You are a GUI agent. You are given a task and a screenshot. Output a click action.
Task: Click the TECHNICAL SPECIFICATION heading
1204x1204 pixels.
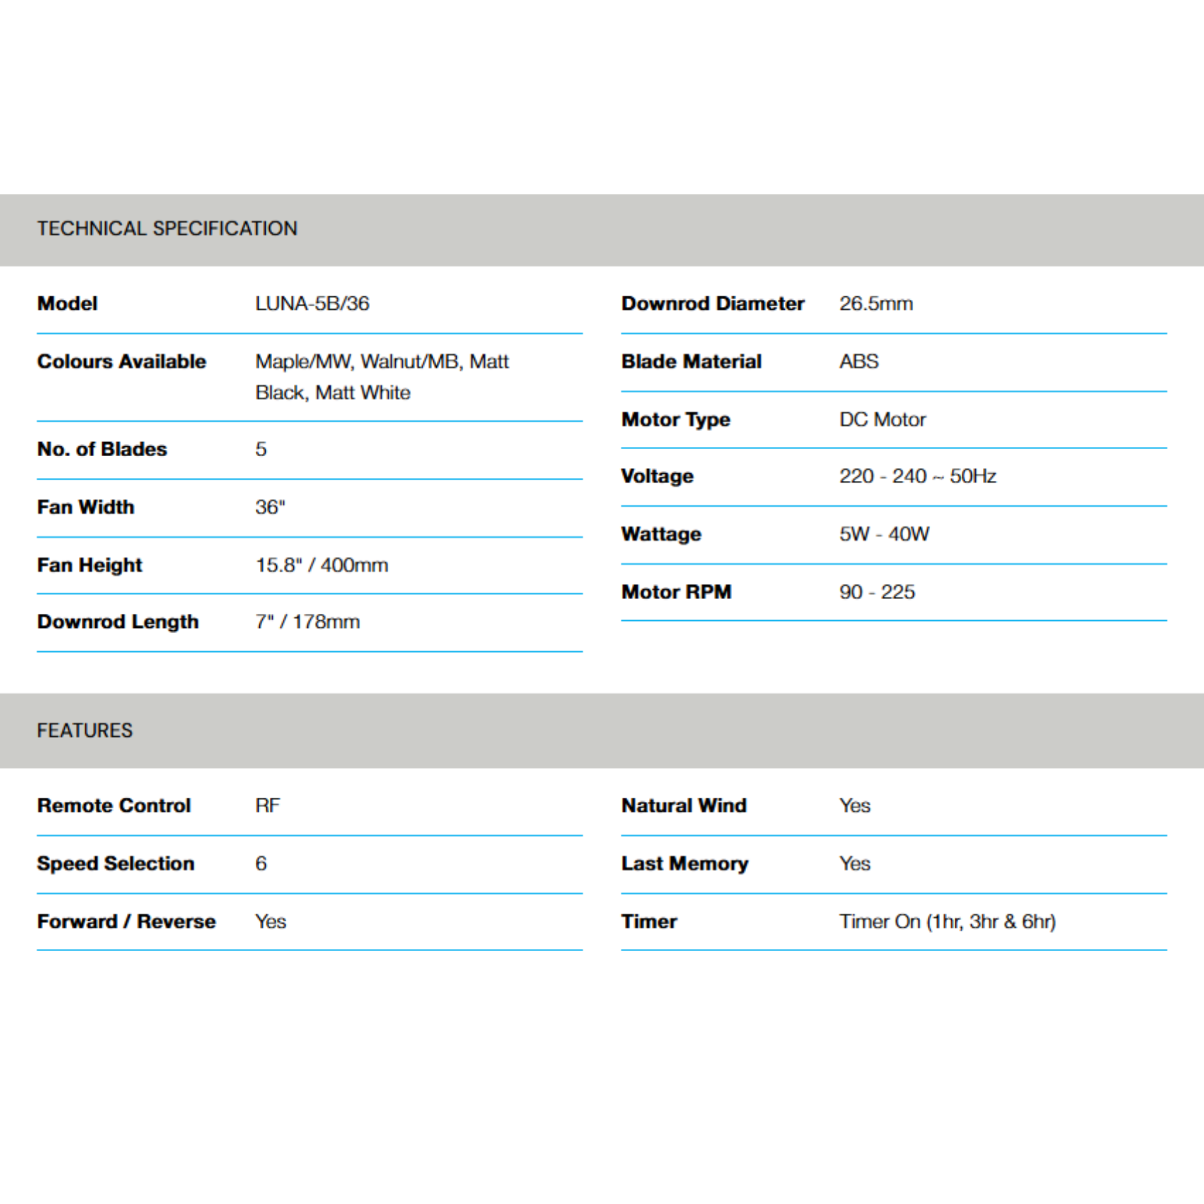pyautogui.click(x=167, y=229)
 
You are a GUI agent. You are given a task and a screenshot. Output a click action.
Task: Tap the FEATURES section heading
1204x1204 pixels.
pyautogui.click(x=85, y=730)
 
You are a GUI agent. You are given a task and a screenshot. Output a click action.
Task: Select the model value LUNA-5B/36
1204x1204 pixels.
pyautogui.click(x=312, y=303)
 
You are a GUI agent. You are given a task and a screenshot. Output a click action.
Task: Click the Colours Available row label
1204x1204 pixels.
pyautogui.click(x=122, y=362)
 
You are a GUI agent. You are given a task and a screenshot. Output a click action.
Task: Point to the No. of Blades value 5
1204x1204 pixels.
pyautogui.click(x=261, y=449)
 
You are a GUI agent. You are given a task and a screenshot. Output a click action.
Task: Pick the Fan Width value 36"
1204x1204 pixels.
pyautogui.click(x=270, y=507)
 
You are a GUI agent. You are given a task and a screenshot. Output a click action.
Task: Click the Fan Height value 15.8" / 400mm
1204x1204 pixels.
pyautogui.click(x=322, y=565)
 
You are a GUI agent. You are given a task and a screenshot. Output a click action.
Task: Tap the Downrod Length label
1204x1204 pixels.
pyautogui.click(x=118, y=622)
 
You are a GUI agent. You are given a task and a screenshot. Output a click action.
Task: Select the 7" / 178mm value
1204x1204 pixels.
pyautogui.click(x=307, y=622)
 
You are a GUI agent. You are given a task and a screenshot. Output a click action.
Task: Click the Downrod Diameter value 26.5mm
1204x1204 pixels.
pyautogui.click(x=875, y=303)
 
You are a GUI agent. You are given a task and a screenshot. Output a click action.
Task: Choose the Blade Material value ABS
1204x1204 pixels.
pyautogui.click(x=859, y=362)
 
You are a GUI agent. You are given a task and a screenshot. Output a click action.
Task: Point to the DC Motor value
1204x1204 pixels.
pyautogui.click(x=882, y=419)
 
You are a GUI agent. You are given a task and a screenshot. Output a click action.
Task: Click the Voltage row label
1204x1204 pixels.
pyautogui.click(x=657, y=476)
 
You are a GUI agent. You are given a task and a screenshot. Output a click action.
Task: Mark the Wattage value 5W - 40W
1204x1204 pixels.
pyautogui.click(x=884, y=534)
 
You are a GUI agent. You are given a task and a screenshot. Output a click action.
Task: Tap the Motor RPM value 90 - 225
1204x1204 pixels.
pyautogui.click(x=877, y=592)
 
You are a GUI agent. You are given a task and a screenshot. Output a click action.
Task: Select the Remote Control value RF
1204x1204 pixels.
pyautogui.click(x=267, y=805)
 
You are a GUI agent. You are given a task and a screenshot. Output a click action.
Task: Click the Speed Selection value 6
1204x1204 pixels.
pyautogui.click(x=261, y=863)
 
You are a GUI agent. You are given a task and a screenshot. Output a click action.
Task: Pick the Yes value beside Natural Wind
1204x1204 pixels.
pyautogui.click(x=854, y=805)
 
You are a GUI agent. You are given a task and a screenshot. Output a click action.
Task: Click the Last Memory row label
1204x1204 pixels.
pyautogui.click(x=684, y=863)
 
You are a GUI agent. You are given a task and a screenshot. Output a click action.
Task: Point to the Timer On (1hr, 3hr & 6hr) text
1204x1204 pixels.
pyautogui.click(x=947, y=921)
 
